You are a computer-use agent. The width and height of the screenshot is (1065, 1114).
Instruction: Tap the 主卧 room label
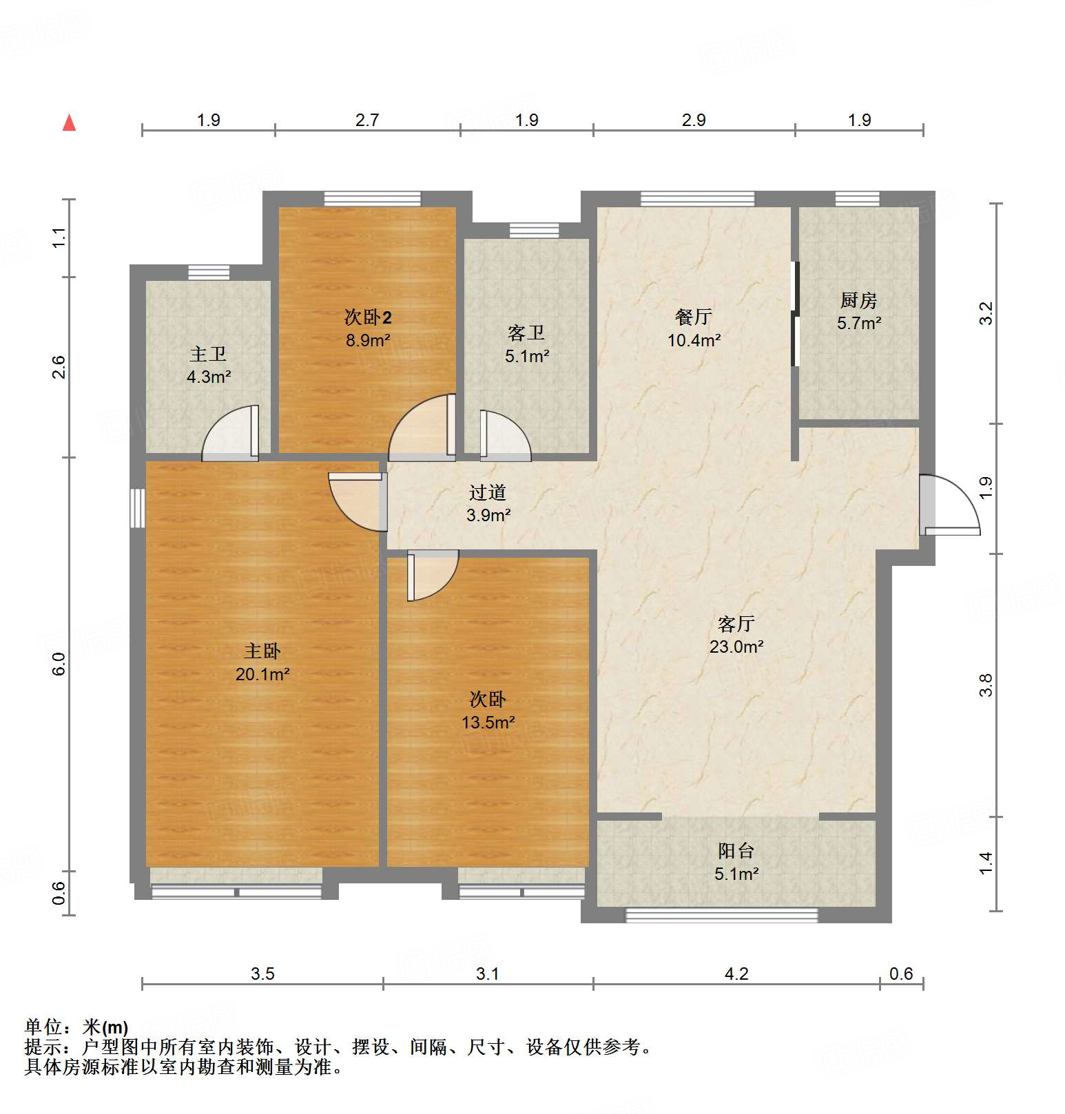(262, 651)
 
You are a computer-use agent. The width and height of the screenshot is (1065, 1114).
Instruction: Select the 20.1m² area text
(262, 674)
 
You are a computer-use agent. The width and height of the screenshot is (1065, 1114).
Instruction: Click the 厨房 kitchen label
(858, 300)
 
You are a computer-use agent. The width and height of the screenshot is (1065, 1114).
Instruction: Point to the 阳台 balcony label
(736, 851)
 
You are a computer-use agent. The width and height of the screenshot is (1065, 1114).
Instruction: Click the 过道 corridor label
(488, 492)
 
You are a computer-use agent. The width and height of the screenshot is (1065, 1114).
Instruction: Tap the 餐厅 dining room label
(694, 317)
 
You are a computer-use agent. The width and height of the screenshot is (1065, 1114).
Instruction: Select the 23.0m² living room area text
(736, 647)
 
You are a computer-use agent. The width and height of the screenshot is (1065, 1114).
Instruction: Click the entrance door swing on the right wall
(951, 506)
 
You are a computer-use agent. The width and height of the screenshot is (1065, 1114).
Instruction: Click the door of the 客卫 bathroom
(504, 437)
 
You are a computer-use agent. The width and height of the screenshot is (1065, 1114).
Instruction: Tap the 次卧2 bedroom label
(368, 317)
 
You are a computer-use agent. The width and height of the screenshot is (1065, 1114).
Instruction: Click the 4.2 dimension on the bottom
(736, 974)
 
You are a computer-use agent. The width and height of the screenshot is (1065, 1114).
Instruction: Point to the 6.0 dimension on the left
(59, 664)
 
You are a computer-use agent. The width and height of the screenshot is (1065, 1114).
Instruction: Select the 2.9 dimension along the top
(694, 120)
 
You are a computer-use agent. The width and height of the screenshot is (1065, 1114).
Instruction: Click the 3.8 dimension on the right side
(986, 685)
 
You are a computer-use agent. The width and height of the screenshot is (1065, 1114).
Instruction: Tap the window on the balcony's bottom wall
(721, 915)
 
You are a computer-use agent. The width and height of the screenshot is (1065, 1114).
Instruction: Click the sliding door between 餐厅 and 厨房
(796, 314)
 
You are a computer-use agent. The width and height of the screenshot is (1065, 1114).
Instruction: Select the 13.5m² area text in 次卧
(488, 722)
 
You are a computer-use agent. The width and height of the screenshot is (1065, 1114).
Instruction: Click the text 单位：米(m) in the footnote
(76, 1027)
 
